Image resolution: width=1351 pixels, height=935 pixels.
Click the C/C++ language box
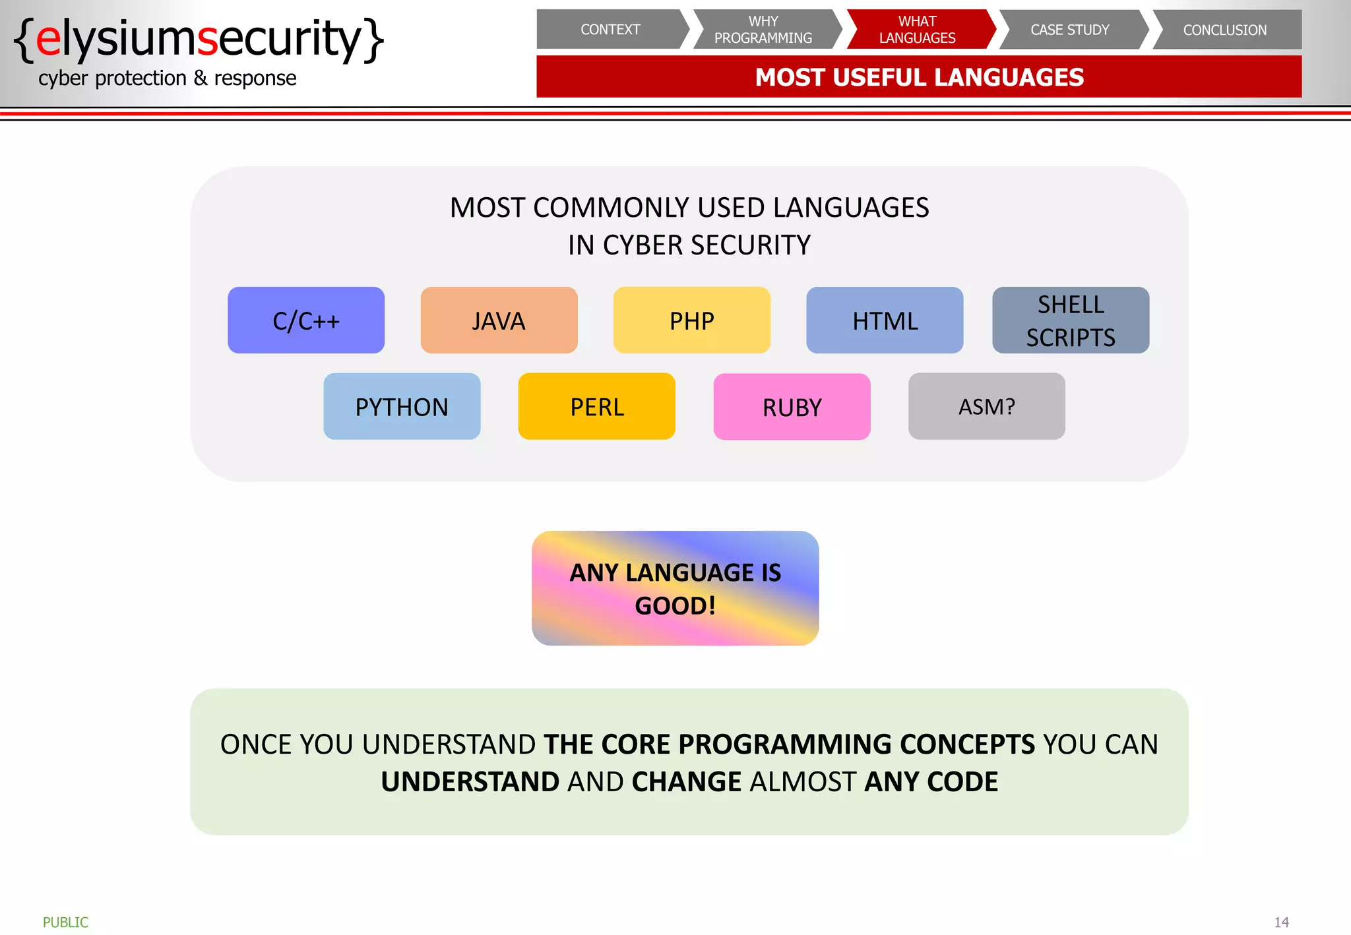pos(306,320)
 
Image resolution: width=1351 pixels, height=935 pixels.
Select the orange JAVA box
pos(499,320)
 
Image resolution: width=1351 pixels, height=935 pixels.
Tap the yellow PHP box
pos(691,320)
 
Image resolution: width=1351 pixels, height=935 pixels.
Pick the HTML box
pos(885,320)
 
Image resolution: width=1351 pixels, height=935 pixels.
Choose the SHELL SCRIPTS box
pos(1071,320)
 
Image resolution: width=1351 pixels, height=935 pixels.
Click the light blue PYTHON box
pos(402,407)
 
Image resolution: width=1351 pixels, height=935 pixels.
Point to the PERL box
pos(596,407)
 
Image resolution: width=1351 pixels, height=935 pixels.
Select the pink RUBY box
pos(792,407)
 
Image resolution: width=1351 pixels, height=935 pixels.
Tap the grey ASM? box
pos(986,407)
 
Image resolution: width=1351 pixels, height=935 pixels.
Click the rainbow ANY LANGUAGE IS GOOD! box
pos(675,588)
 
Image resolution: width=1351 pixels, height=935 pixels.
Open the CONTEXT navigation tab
pos(610,30)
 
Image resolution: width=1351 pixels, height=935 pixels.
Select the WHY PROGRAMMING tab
pos(763,30)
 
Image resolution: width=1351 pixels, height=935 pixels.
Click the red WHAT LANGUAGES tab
pos(918,30)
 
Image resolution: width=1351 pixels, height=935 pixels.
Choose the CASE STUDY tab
pos(1070,30)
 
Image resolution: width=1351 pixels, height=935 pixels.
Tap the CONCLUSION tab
pos(1225,30)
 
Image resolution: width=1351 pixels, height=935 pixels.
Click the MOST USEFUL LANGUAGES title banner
pos(919,77)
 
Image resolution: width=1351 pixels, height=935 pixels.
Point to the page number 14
pos(1281,922)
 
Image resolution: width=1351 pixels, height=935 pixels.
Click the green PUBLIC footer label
pos(65,922)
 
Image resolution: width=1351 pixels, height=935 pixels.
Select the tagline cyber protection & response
pos(167,78)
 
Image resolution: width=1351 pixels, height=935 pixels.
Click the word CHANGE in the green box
pos(686,782)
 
